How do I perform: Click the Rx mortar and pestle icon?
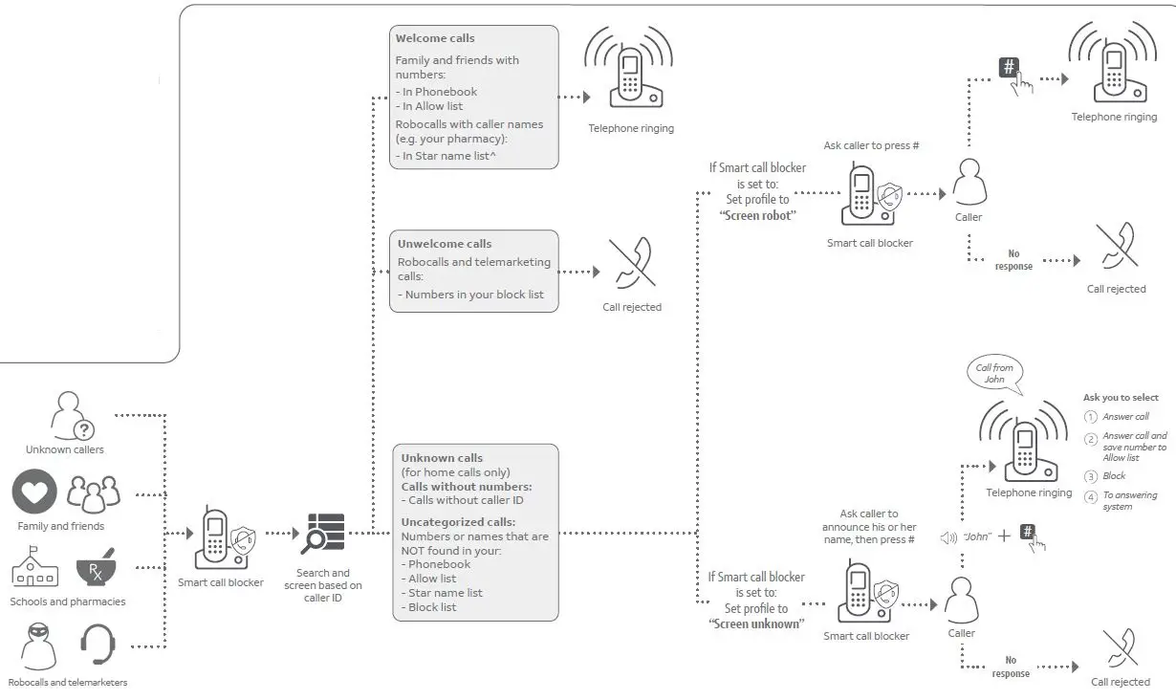coord(97,568)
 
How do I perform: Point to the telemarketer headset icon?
coord(98,645)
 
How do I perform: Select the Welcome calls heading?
coord(435,39)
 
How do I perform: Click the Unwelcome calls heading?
coord(445,244)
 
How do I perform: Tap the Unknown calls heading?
coord(442,458)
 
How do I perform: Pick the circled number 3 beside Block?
coord(1090,476)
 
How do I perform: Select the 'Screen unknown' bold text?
coord(756,623)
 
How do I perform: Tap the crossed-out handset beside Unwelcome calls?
coord(632,263)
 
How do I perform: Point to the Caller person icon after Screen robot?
coord(969,182)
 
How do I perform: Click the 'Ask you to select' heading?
coord(1121,398)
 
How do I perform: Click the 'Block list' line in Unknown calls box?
coord(432,607)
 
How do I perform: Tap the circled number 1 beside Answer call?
coord(1090,417)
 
